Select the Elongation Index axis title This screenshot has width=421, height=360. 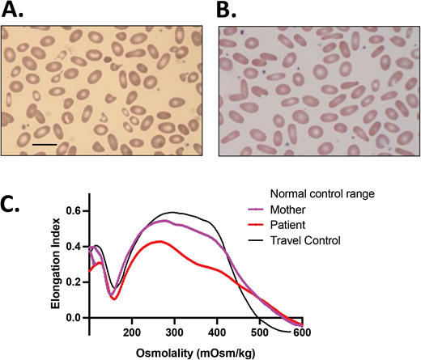click(x=53, y=260)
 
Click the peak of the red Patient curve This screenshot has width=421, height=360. click(x=212, y=241)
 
